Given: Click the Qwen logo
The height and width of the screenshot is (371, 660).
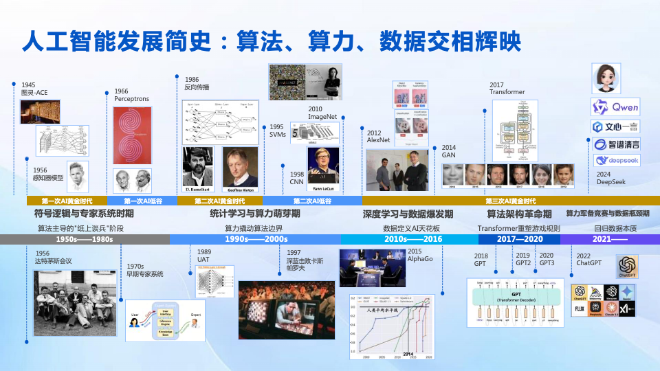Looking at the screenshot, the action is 615,108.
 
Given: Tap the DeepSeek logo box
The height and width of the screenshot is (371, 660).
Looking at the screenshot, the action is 615,161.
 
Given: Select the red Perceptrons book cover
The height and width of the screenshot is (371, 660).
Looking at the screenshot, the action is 131,135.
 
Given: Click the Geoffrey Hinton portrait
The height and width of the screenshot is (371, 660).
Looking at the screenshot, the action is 240,168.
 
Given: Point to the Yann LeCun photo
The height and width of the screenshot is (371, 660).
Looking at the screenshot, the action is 323,166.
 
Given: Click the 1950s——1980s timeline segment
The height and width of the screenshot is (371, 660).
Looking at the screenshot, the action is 85,239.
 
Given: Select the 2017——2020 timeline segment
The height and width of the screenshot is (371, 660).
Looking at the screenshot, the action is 519,239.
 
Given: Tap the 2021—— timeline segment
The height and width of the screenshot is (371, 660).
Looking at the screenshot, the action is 610,239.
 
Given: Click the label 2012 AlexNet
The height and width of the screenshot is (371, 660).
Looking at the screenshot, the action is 378,136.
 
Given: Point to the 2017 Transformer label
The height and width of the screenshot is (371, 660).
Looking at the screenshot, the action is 507,89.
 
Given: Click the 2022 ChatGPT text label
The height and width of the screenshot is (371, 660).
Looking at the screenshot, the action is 588,259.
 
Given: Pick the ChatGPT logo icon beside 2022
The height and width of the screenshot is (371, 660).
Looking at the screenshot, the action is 628,266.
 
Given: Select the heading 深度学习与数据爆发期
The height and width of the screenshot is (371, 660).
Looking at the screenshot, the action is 408,214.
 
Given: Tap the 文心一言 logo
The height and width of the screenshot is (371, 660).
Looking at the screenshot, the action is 615,127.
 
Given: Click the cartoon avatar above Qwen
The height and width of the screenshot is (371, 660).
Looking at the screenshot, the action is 606,78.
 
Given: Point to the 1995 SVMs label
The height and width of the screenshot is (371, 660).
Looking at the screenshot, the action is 278,131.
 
